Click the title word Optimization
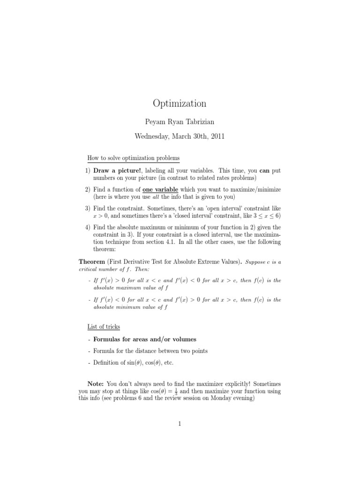point(180,104)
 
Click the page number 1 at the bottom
point(180,424)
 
